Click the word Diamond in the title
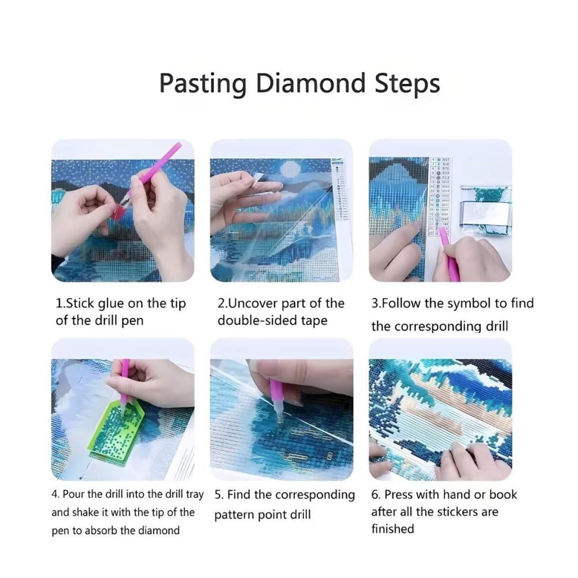click(310, 83)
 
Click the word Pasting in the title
click(203, 84)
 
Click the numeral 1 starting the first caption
click(58, 303)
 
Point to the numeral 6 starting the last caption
click(375, 495)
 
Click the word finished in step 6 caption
click(393, 529)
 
